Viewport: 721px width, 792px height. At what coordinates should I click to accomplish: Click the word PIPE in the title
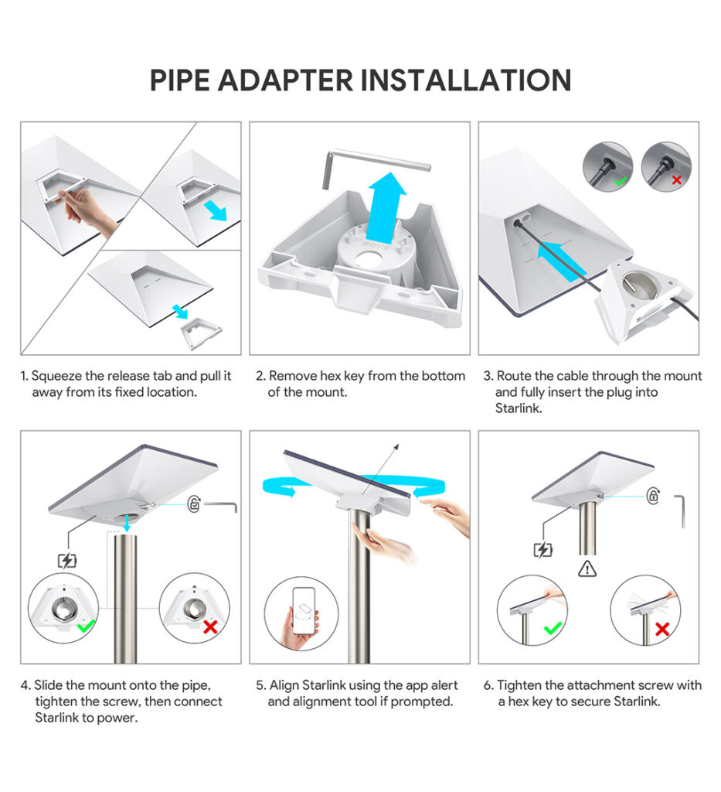click(179, 80)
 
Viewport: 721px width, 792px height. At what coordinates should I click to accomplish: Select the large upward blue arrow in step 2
click(387, 207)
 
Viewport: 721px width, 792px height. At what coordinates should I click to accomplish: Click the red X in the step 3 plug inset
click(677, 179)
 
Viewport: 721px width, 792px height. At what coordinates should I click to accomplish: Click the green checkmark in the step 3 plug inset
click(620, 180)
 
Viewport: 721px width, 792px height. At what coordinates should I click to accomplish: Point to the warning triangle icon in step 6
click(587, 569)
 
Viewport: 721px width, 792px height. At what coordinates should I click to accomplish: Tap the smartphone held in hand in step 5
click(304, 611)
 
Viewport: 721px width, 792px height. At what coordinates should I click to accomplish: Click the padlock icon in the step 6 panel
click(654, 496)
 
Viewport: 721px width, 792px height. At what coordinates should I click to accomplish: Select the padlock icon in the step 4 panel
click(194, 504)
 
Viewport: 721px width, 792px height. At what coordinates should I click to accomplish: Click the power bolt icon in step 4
click(67, 561)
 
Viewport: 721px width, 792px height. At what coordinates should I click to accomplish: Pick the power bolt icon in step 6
click(543, 550)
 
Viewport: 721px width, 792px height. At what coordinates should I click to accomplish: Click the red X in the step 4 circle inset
click(210, 626)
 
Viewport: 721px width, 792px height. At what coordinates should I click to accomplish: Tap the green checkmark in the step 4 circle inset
click(87, 626)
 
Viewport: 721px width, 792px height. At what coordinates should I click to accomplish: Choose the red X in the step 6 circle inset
click(662, 629)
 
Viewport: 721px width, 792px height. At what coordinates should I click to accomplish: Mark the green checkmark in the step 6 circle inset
click(553, 628)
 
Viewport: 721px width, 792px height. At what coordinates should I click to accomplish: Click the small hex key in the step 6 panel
click(681, 511)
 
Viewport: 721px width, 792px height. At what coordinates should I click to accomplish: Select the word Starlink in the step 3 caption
click(518, 408)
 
